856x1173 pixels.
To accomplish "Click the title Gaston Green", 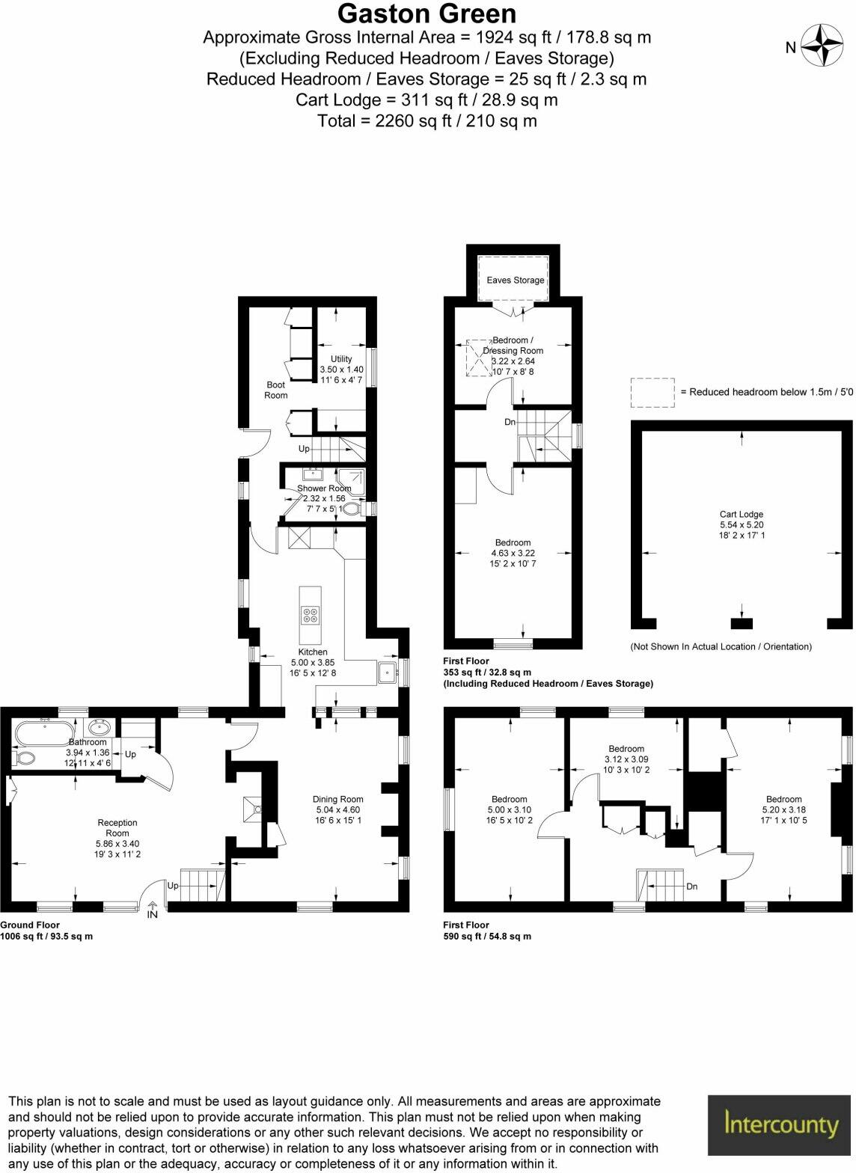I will [x=427, y=14].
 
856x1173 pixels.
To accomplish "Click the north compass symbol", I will [x=822, y=46].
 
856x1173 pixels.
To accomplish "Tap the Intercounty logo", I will [x=781, y=1124].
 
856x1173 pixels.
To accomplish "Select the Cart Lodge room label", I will [x=741, y=515].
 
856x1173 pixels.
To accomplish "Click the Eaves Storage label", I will [x=515, y=281].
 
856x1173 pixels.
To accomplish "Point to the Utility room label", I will [x=341, y=359].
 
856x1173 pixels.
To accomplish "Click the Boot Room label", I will [x=276, y=390].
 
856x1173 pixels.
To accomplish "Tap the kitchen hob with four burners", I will [x=311, y=615].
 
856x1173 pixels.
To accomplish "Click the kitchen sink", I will [x=387, y=672].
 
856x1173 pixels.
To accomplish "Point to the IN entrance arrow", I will [x=153, y=910].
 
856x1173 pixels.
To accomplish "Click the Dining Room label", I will [x=337, y=799].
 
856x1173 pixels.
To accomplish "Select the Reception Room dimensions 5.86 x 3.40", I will [x=117, y=843].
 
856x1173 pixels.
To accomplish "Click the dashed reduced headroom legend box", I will [x=652, y=392].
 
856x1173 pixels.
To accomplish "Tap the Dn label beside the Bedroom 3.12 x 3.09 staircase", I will [x=691, y=886].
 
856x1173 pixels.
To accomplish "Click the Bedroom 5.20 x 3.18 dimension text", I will [x=783, y=809].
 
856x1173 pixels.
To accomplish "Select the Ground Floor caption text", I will [x=30, y=925].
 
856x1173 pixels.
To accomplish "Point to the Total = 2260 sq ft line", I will [x=427, y=120].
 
